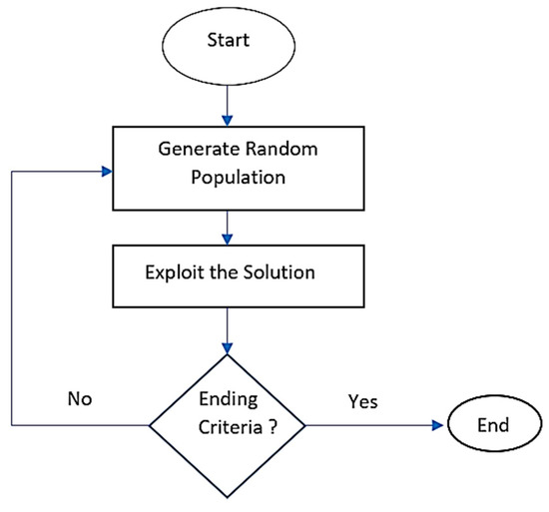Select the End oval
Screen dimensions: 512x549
[x=492, y=424]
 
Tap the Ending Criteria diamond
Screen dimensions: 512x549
[x=229, y=424]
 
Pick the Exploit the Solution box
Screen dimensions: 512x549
[x=229, y=271]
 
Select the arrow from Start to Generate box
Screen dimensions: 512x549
[x=229, y=106]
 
